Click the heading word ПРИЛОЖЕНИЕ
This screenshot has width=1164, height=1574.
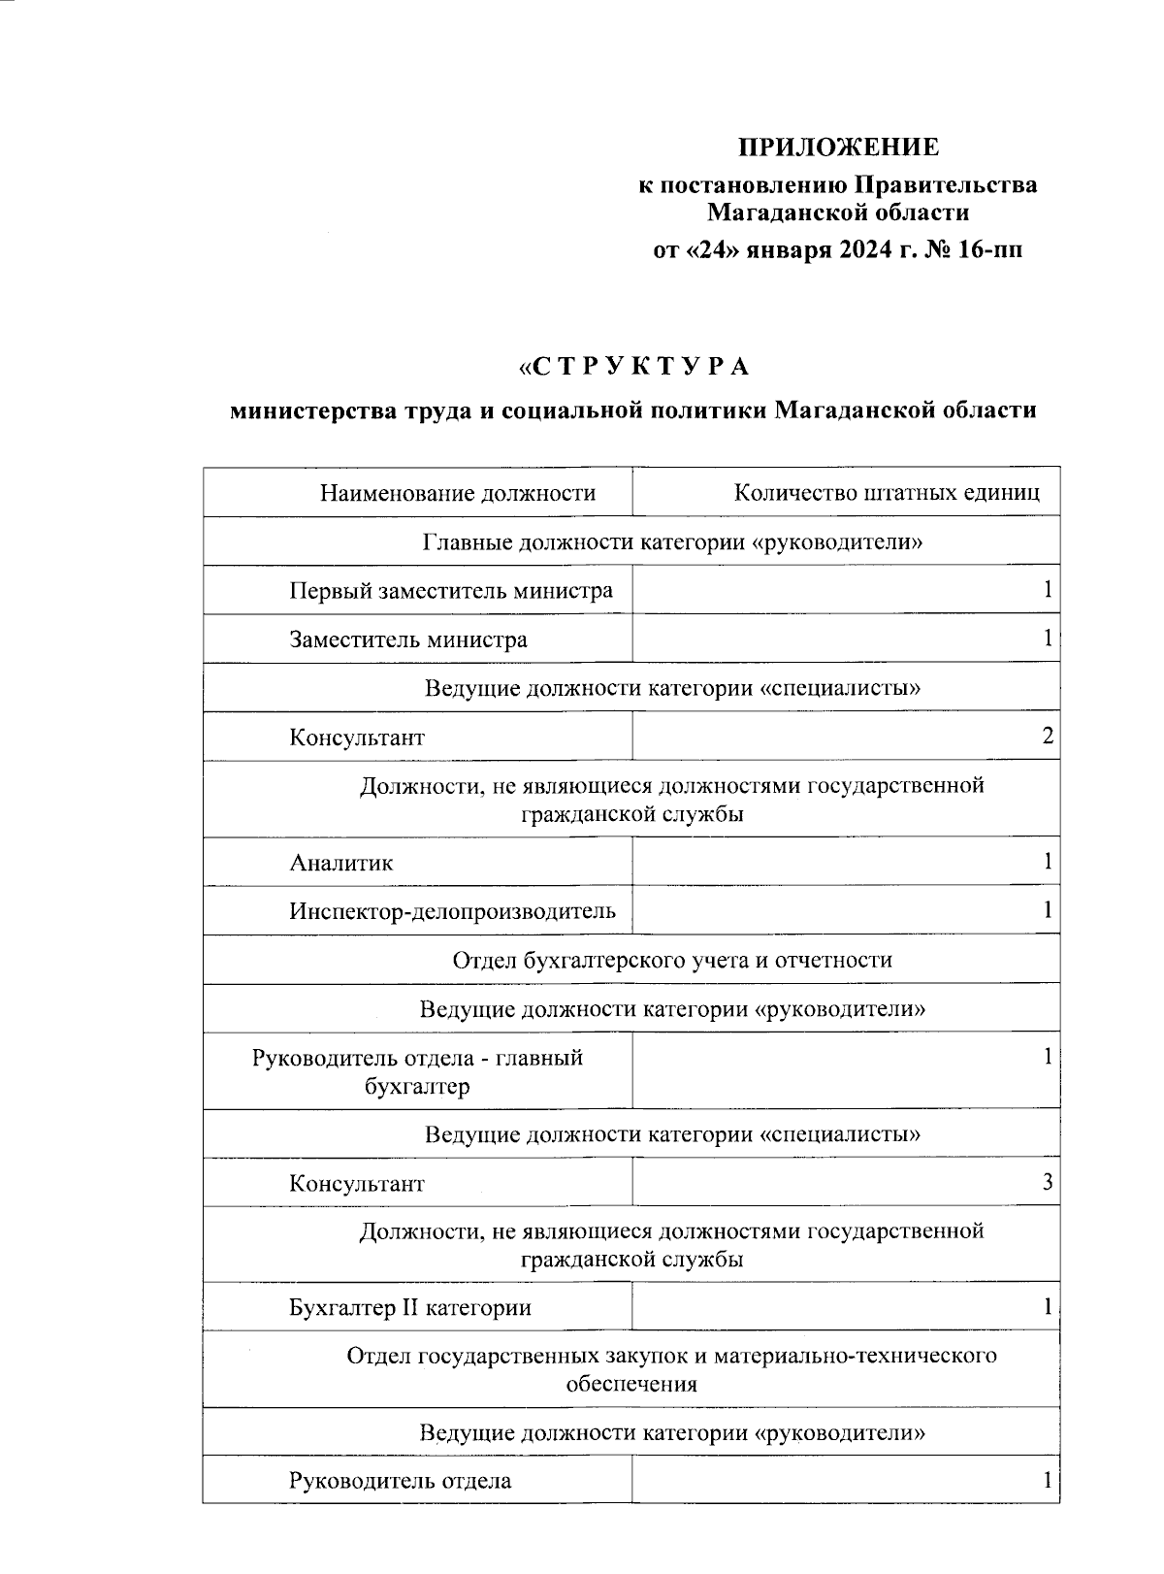[839, 148]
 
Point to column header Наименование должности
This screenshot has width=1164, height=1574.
[458, 493]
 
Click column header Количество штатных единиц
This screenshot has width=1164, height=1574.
[887, 493]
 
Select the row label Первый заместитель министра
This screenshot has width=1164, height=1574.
[451, 590]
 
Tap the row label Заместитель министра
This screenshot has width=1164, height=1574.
[408, 639]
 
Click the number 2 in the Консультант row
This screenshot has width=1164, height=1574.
[1048, 736]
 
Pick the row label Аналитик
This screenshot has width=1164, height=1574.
[341, 862]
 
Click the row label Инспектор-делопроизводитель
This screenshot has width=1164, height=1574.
[452, 910]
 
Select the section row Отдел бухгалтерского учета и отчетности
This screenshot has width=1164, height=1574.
[672, 960]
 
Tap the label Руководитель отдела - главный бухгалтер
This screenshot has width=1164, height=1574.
[417, 1071]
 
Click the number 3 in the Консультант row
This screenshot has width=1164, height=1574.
[1048, 1182]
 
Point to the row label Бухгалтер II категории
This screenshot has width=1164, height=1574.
[410, 1307]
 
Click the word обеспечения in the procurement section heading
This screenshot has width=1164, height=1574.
[631, 1383]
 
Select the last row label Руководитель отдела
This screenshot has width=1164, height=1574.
[400, 1481]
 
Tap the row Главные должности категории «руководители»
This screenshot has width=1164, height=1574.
[672, 541]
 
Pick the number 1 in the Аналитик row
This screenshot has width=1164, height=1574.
[1048, 861]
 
